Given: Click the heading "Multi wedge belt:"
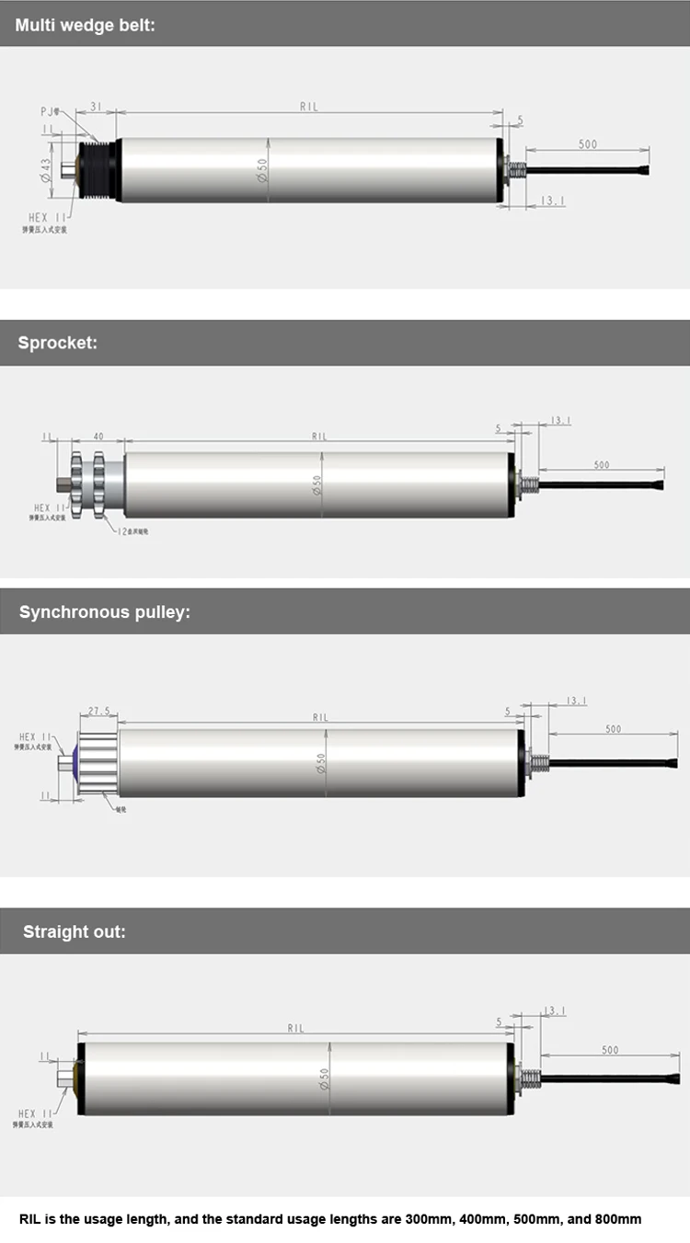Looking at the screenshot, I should click(x=85, y=25).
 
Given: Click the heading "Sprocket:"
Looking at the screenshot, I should click(x=57, y=343).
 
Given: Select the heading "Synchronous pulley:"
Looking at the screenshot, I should click(x=104, y=611).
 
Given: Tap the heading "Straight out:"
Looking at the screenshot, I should click(x=75, y=931).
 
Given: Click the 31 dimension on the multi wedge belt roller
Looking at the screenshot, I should click(x=96, y=107).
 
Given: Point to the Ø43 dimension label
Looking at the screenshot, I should click(x=45, y=170).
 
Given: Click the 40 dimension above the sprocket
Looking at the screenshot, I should click(x=98, y=437).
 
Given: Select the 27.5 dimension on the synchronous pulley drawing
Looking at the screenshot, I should click(x=98, y=711).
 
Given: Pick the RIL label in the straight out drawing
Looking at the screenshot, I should click(x=295, y=1028).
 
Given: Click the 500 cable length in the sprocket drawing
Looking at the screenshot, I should click(x=602, y=465).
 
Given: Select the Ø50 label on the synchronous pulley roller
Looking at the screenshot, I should click(x=321, y=763).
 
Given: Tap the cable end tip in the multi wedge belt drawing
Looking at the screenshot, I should click(x=646, y=170).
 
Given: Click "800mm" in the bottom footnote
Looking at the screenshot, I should click(x=617, y=1219).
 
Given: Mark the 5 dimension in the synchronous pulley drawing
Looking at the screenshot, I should click(x=507, y=711).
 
